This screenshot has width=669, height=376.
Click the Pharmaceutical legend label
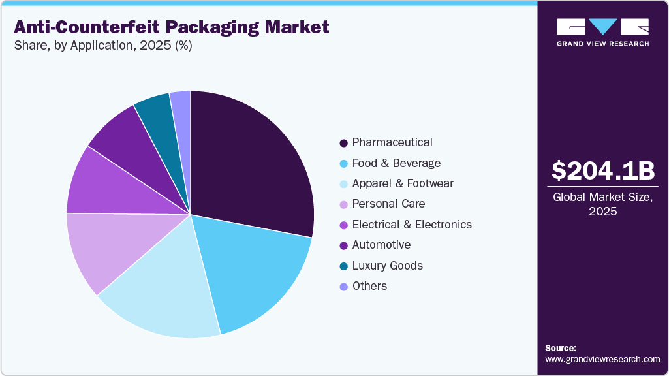(392, 142)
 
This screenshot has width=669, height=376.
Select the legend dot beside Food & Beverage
(343, 164)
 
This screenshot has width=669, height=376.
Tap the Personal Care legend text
(388, 204)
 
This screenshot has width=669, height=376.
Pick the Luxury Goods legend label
(387, 266)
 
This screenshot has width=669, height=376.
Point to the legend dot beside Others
(343, 287)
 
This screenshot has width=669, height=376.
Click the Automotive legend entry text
(381, 245)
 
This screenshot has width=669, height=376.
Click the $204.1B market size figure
(602, 170)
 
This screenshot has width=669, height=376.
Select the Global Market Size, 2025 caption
(602, 204)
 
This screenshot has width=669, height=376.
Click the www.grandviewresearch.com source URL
(602, 359)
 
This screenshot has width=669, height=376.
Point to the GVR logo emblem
(602, 27)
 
